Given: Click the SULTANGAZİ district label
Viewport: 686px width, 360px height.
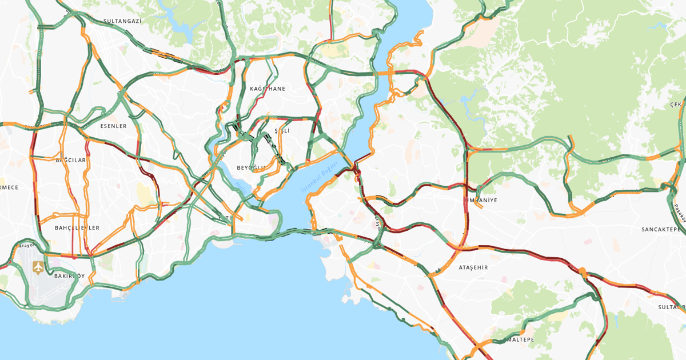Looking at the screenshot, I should [122, 21].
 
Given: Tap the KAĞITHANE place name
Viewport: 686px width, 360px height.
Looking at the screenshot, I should [267, 89].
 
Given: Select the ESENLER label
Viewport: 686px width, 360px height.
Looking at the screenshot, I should [113, 126].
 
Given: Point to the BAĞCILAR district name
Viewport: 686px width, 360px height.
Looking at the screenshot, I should [71, 160].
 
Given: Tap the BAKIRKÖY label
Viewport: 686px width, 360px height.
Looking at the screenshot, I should [69, 276].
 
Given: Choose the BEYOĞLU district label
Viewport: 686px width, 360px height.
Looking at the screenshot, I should [252, 167].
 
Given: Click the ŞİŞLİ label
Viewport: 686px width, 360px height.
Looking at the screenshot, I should [282, 131].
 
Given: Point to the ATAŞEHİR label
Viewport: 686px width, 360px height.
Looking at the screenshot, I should [474, 267].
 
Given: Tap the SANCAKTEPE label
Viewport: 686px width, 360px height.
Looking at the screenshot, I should [663, 229].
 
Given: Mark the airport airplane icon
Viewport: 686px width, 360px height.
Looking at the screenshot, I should [38, 267].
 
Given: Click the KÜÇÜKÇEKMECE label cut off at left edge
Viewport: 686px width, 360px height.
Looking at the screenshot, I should [9, 187].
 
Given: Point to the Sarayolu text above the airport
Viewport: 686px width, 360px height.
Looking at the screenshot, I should [25, 246].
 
